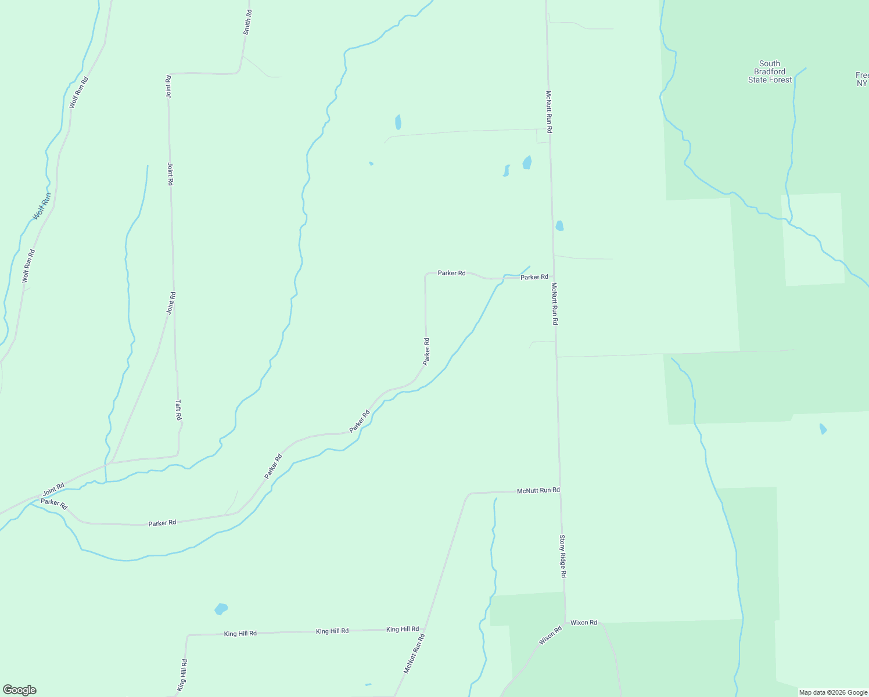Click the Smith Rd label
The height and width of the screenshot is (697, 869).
pos(247,22)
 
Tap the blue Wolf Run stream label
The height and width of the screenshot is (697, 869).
pos(42,206)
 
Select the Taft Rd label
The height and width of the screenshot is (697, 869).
pos(179,410)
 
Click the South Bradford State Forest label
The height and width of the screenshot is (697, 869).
pos(770,72)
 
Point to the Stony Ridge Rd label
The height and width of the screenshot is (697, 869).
pos(562,556)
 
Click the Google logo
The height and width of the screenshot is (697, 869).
pos(19,690)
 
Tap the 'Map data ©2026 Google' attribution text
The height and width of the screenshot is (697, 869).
pos(833,692)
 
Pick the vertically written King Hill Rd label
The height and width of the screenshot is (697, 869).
pos(184,674)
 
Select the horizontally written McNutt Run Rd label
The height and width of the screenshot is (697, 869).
pos(538,490)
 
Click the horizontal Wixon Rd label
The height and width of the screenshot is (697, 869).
pos(583,623)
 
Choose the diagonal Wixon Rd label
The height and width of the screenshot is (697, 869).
pos(550,635)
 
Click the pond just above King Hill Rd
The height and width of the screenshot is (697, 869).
pos(221,609)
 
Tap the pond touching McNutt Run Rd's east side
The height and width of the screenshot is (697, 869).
pos(559,226)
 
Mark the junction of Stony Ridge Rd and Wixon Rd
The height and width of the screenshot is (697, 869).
pos(566,623)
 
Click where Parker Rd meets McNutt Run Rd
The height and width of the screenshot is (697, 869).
pos(554,278)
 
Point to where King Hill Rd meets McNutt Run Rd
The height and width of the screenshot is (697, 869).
pos(425,629)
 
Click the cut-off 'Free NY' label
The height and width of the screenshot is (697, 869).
pos(862,79)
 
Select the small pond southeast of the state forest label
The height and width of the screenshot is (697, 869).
pos(823,429)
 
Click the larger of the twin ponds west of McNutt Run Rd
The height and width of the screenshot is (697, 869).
pos(527,163)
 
